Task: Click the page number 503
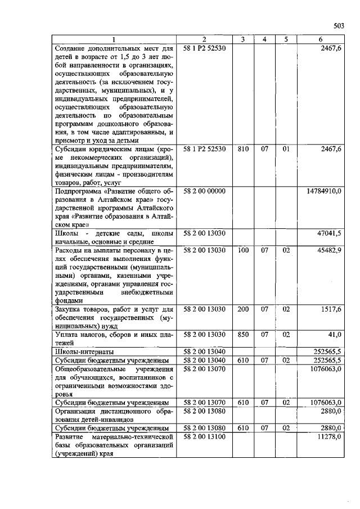[x=339, y=25]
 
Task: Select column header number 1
[x=114, y=39]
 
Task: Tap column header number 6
[x=320, y=39]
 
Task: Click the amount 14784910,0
[x=324, y=191]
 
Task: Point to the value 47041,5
[x=329, y=233]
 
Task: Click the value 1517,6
[x=331, y=309]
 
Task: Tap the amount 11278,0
[x=329, y=436]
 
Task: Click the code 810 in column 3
[x=243, y=149]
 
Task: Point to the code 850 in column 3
[x=243, y=334]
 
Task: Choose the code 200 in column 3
[x=243, y=309]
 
